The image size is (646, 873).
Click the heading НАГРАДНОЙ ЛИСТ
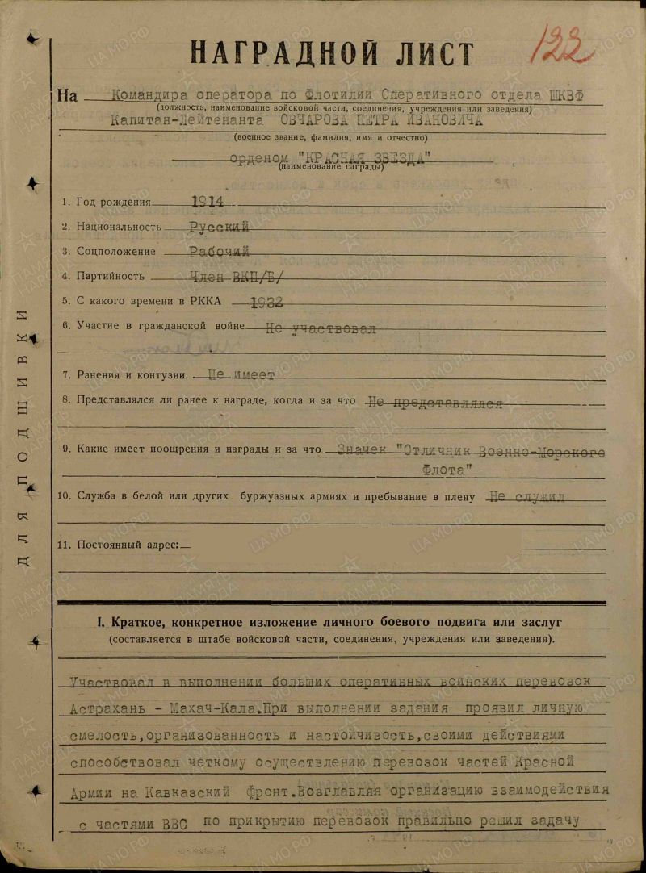[x=332, y=54]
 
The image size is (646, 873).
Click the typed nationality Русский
[x=219, y=228]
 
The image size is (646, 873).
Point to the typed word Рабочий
[x=219, y=252]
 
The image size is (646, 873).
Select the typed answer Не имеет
[x=241, y=375]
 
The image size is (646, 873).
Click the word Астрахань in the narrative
[x=111, y=709]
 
